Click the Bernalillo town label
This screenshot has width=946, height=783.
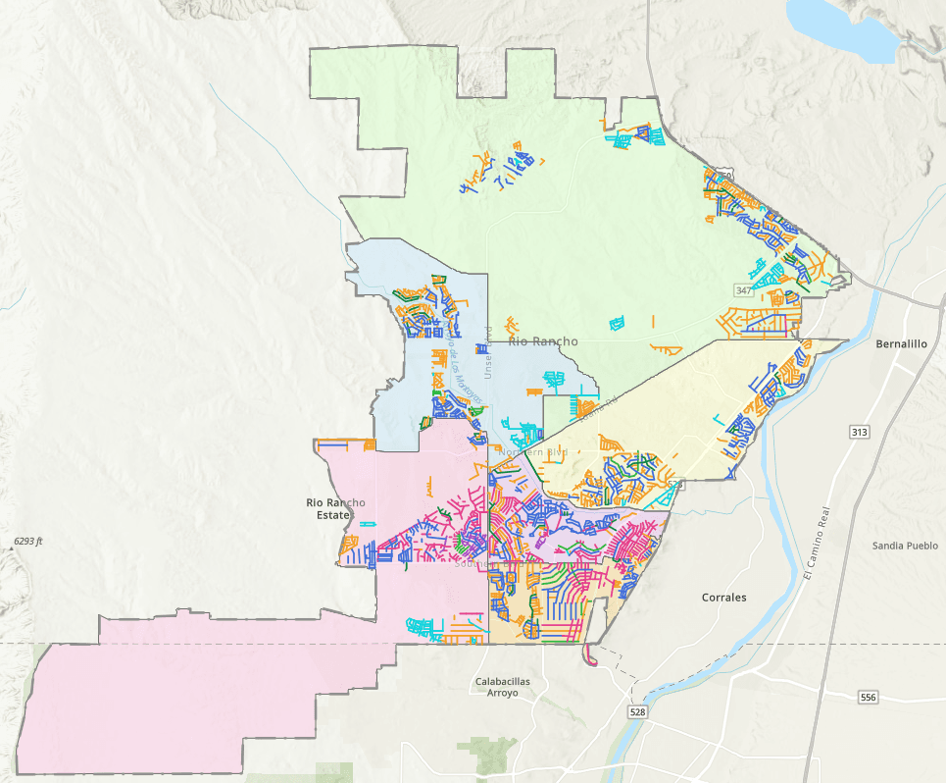pos(899,345)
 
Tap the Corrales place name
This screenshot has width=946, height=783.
pos(724,597)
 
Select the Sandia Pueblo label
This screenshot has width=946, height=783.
pos(905,546)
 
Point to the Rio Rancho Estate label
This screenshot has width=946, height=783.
pos(335,508)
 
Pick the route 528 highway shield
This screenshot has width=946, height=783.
pos(638,711)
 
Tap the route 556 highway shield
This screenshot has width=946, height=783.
pos(868,698)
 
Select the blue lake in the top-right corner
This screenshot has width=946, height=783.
pos(843,25)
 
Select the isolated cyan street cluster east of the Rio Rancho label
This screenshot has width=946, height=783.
pos(617,322)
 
